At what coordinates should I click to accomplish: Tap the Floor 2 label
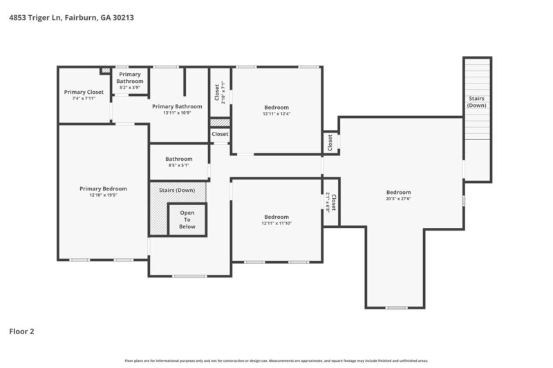tap(21, 331)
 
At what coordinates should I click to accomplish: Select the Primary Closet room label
tap(84, 92)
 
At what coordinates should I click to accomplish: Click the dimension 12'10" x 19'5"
tap(103, 195)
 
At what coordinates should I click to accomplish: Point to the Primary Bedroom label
tap(103, 188)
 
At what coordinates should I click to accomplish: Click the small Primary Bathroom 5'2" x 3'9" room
tap(130, 81)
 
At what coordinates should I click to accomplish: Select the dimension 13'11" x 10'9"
tap(177, 113)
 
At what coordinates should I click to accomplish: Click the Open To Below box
tap(187, 220)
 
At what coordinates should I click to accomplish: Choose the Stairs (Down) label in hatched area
tap(177, 190)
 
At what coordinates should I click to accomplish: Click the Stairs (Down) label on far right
tap(476, 102)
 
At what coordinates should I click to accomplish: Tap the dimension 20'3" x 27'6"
tap(398, 200)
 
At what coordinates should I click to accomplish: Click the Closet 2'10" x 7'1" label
tap(219, 92)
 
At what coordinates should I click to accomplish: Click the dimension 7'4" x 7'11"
tap(84, 99)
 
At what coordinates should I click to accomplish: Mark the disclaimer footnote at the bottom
tap(276, 360)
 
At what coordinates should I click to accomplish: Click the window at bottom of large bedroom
tap(396, 307)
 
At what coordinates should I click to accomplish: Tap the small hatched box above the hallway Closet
tap(219, 122)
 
